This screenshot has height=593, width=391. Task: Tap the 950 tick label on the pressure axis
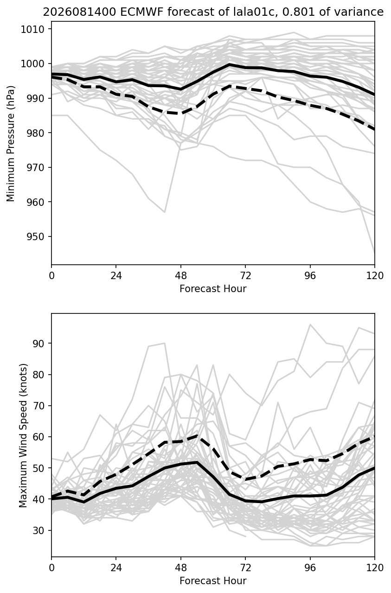[36, 236]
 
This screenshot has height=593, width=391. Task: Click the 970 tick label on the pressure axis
[36, 167]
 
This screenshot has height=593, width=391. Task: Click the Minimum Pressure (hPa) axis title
[11, 143]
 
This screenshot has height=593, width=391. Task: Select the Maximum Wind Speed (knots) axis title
[23, 435]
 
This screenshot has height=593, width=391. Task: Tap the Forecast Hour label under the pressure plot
[213, 288]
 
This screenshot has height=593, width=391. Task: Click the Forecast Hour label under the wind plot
[213, 581]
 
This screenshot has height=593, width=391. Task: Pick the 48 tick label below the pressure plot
[181, 276]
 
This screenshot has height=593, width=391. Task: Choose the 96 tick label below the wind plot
[310, 568]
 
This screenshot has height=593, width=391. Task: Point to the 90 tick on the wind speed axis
[38, 343]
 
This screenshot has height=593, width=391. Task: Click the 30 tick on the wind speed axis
[38, 530]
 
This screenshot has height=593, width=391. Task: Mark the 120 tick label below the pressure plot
[375, 276]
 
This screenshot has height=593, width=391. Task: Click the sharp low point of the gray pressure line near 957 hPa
[165, 212]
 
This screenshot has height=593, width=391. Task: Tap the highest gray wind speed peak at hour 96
[310, 324]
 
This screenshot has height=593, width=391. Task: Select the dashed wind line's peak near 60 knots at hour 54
[197, 435]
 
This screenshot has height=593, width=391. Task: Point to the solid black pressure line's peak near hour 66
[230, 64]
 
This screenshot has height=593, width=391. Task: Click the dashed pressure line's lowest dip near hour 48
[181, 113]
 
